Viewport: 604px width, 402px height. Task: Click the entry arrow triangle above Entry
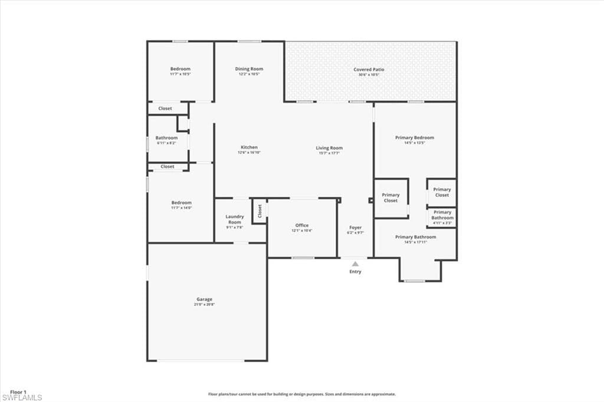[355, 264]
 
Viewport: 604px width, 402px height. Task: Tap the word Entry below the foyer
[355, 272]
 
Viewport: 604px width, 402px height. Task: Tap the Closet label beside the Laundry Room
[260, 211]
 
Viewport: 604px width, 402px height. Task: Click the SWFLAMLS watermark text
[22, 398]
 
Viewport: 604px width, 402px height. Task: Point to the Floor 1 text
[18, 391]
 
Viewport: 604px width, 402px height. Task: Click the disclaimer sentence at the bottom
[301, 394]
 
